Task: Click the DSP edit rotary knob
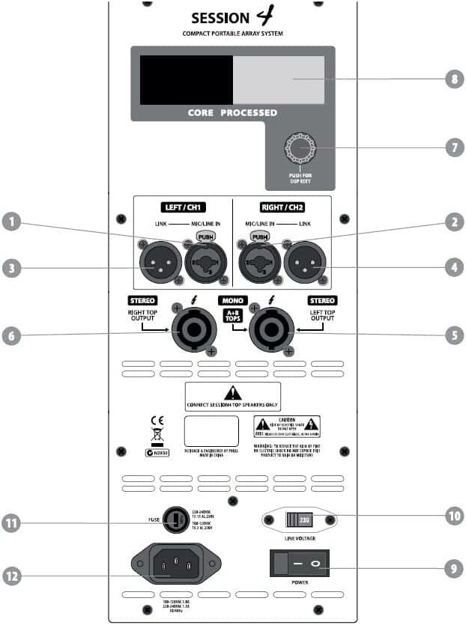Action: tap(302, 149)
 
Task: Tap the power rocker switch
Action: tap(299, 561)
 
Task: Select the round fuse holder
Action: tap(175, 519)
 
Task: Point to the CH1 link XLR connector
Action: tap(159, 265)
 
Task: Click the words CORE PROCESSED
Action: tap(233, 112)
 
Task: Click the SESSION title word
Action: tap(220, 17)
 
